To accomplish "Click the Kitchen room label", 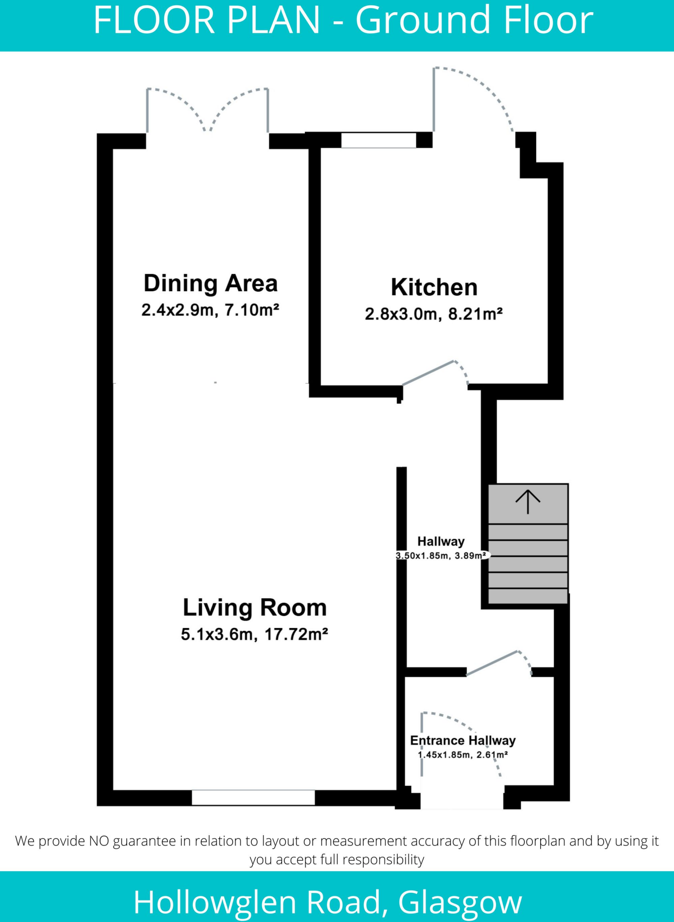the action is (434, 287).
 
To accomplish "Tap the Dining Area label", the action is (210, 284).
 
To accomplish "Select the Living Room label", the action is (255, 608).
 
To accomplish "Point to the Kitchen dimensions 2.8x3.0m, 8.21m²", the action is (433, 314).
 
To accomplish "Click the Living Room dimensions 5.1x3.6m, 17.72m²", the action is (254, 634).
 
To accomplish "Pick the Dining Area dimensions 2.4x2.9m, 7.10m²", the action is (210, 310).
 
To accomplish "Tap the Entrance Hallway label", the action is (463, 741).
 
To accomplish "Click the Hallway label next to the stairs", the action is (441, 541).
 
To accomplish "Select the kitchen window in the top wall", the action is (378, 140).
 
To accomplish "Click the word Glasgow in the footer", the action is (460, 902).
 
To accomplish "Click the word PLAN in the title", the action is (273, 20).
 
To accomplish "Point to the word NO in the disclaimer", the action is (99, 841).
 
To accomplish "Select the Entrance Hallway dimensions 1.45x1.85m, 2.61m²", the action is (463, 755).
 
